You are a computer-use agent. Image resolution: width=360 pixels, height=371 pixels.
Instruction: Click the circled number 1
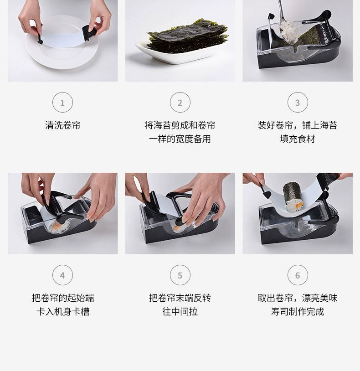tap(62, 103)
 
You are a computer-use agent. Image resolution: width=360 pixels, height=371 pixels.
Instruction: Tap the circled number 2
tap(180, 103)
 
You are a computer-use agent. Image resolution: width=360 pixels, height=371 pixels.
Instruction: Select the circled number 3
tap(298, 103)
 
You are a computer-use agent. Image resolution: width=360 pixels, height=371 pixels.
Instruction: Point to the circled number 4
tap(62, 275)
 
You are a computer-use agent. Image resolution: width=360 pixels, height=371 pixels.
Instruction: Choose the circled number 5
tap(180, 275)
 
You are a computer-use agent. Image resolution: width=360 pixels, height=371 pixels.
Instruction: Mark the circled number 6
tap(298, 275)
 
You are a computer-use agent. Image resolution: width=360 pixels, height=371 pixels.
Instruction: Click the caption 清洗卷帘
tap(62, 125)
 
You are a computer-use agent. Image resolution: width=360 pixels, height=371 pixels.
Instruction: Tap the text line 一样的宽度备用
tap(180, 139)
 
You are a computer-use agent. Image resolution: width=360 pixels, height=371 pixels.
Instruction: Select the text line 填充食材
tap(298, 139)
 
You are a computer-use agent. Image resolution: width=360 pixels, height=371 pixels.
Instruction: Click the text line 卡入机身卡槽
tap(62, 312)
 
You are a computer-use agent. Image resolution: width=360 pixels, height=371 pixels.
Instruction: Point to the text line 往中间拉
tap(180, 312)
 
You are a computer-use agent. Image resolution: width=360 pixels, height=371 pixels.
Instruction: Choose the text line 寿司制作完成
tap(298, 312)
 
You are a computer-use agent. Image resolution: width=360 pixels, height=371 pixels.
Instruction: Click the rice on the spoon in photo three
tap(290, 31)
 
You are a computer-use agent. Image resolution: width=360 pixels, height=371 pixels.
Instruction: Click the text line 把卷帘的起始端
tap(62, 298)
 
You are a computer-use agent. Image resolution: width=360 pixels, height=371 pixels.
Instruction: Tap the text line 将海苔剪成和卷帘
tap(180, 125)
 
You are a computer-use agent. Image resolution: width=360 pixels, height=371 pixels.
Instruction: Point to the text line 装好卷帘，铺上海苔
tap(298, 125)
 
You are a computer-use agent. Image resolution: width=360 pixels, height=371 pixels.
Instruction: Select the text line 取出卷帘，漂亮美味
tap(298, 298)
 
